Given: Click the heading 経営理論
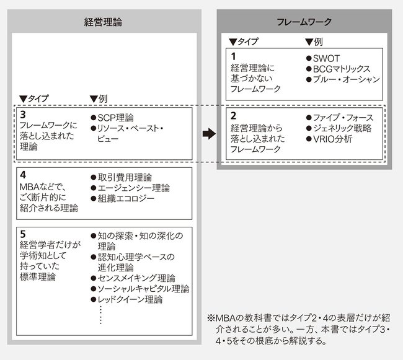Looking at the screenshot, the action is pos(103,22).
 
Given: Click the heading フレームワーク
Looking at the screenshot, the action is pos(304,22).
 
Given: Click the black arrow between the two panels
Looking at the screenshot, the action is pos(209,133).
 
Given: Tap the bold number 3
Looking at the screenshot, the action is pos(23,115).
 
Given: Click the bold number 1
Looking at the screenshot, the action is pos(233,56).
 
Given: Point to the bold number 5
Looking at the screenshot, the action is pos(23,234).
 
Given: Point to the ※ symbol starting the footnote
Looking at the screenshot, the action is pos(211,318).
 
